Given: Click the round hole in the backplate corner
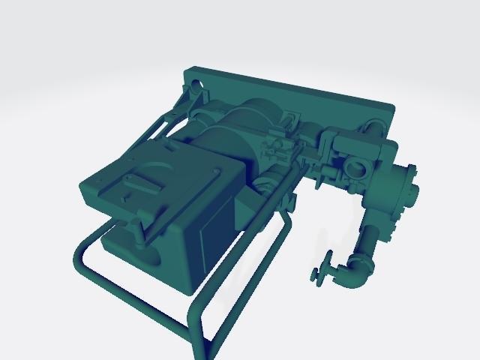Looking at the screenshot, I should coord(197,83).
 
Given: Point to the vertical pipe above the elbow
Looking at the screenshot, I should coord(370,240).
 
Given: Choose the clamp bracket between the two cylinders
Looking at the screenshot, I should coord(277,146).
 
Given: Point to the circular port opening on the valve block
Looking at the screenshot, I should coord(355,166).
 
